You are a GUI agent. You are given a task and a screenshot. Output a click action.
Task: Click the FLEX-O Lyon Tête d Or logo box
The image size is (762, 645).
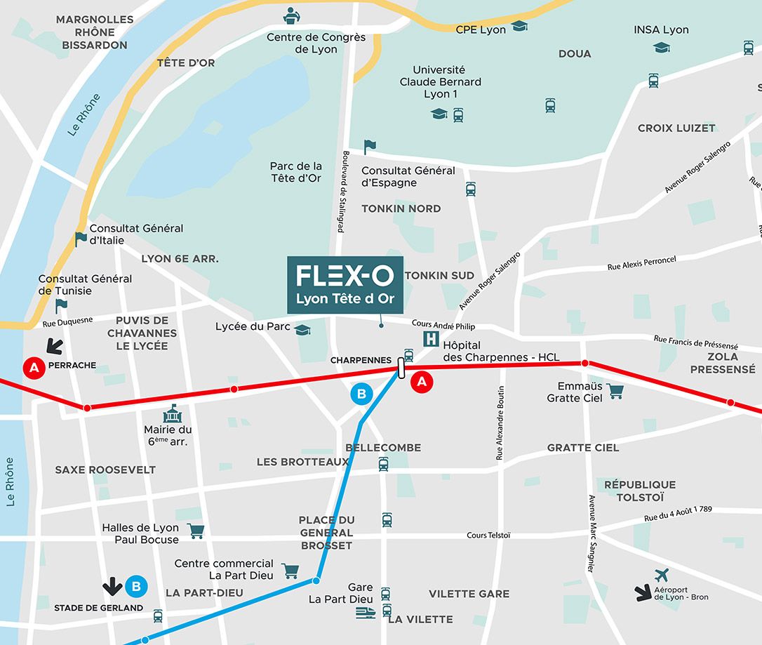(x=345, y=284)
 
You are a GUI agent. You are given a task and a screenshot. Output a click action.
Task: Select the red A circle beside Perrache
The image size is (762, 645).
(x=32, y=366)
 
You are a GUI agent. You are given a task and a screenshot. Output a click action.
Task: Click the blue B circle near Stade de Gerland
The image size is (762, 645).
(x=136, y=585)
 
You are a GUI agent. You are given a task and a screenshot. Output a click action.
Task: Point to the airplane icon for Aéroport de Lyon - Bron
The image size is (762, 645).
(x=661, y=576)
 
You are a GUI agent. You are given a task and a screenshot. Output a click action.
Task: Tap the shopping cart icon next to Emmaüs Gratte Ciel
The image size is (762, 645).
(x=615, y=392)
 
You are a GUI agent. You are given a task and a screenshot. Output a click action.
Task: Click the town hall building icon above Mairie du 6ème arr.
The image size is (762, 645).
(x=172, y=413)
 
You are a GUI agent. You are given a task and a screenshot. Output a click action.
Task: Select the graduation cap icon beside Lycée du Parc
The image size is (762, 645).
(x=302, y=329)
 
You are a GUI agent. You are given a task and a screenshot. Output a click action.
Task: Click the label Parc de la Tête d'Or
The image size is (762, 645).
(x=295, y=172)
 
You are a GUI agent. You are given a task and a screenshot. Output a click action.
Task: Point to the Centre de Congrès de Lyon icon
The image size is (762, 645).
(x=290, y=15)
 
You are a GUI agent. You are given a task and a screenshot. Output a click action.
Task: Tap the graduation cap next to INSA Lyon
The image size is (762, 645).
(x=661, y=47)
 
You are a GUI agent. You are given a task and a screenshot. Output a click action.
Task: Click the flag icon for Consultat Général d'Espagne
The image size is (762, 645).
(x=370, y=147)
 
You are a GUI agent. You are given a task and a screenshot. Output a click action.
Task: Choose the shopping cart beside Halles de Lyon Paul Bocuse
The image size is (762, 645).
(x=196, y=531)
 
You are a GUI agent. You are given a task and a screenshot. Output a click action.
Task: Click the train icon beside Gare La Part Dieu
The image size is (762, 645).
(x=366, y=613)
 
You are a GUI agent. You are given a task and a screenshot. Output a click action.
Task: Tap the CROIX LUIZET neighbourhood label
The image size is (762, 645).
(x=676, y=128)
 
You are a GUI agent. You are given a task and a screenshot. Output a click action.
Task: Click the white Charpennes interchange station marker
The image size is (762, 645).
(x=401, y=368)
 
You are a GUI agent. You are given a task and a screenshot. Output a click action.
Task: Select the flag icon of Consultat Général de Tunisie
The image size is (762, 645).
(x=61, y=306)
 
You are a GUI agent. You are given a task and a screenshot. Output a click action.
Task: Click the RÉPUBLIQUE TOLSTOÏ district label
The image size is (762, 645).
(x=640, y=491)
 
